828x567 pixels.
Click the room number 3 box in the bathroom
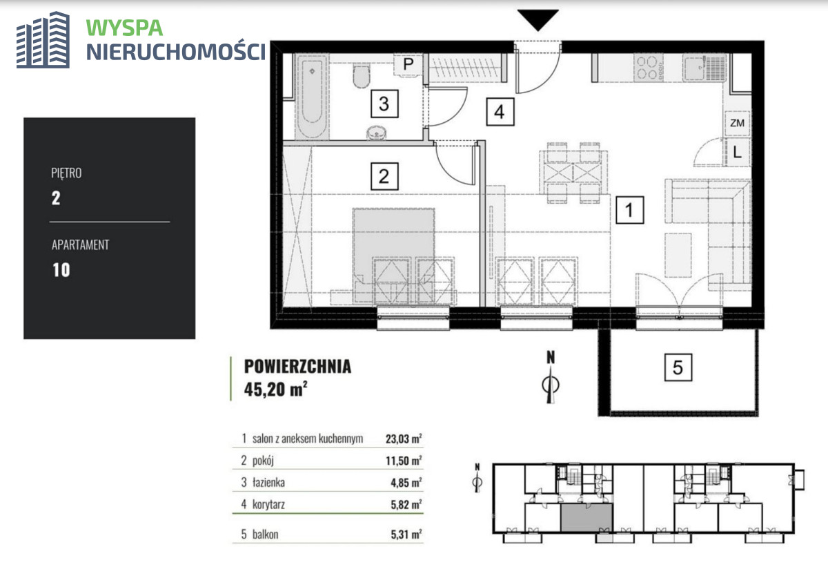coord(384,104)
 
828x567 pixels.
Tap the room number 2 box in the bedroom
coord(384,176)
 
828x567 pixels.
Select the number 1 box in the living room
coord(629,210)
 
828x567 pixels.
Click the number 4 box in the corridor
coord(500,112)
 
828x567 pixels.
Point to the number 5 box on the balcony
coord(678,367)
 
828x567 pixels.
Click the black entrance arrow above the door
coord(538,20)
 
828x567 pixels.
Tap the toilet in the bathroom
coord(361,76)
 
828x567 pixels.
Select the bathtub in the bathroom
coord(312,96)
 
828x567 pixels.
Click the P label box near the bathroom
coord(408,65)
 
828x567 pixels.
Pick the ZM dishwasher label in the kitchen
coord(737,123)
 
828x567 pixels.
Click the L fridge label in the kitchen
coord(737,152)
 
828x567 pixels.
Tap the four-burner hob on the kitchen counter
coord(649,68)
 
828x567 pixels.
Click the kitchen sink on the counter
coord(695,68)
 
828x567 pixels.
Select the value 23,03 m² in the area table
coord(404,439)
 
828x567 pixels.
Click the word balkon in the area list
coord(265,534)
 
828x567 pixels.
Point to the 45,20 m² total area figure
coord(276,389)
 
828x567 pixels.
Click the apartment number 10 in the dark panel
coord(61,270)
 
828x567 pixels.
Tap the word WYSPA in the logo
coord(124,28)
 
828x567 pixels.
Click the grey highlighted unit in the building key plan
coord(586,518)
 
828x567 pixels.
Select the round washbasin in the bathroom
coord(377,133)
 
